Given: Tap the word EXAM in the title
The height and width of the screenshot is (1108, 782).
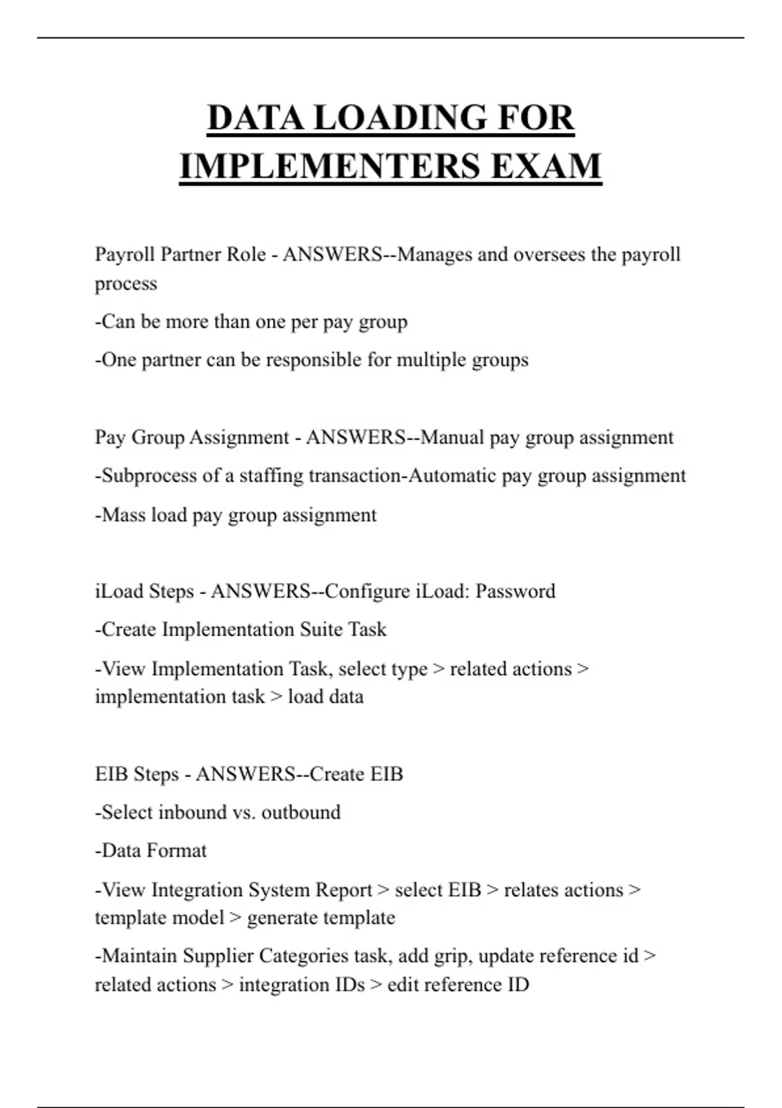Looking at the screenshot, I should (546, 166).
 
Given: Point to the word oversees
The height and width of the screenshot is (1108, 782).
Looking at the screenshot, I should (549, 254).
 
